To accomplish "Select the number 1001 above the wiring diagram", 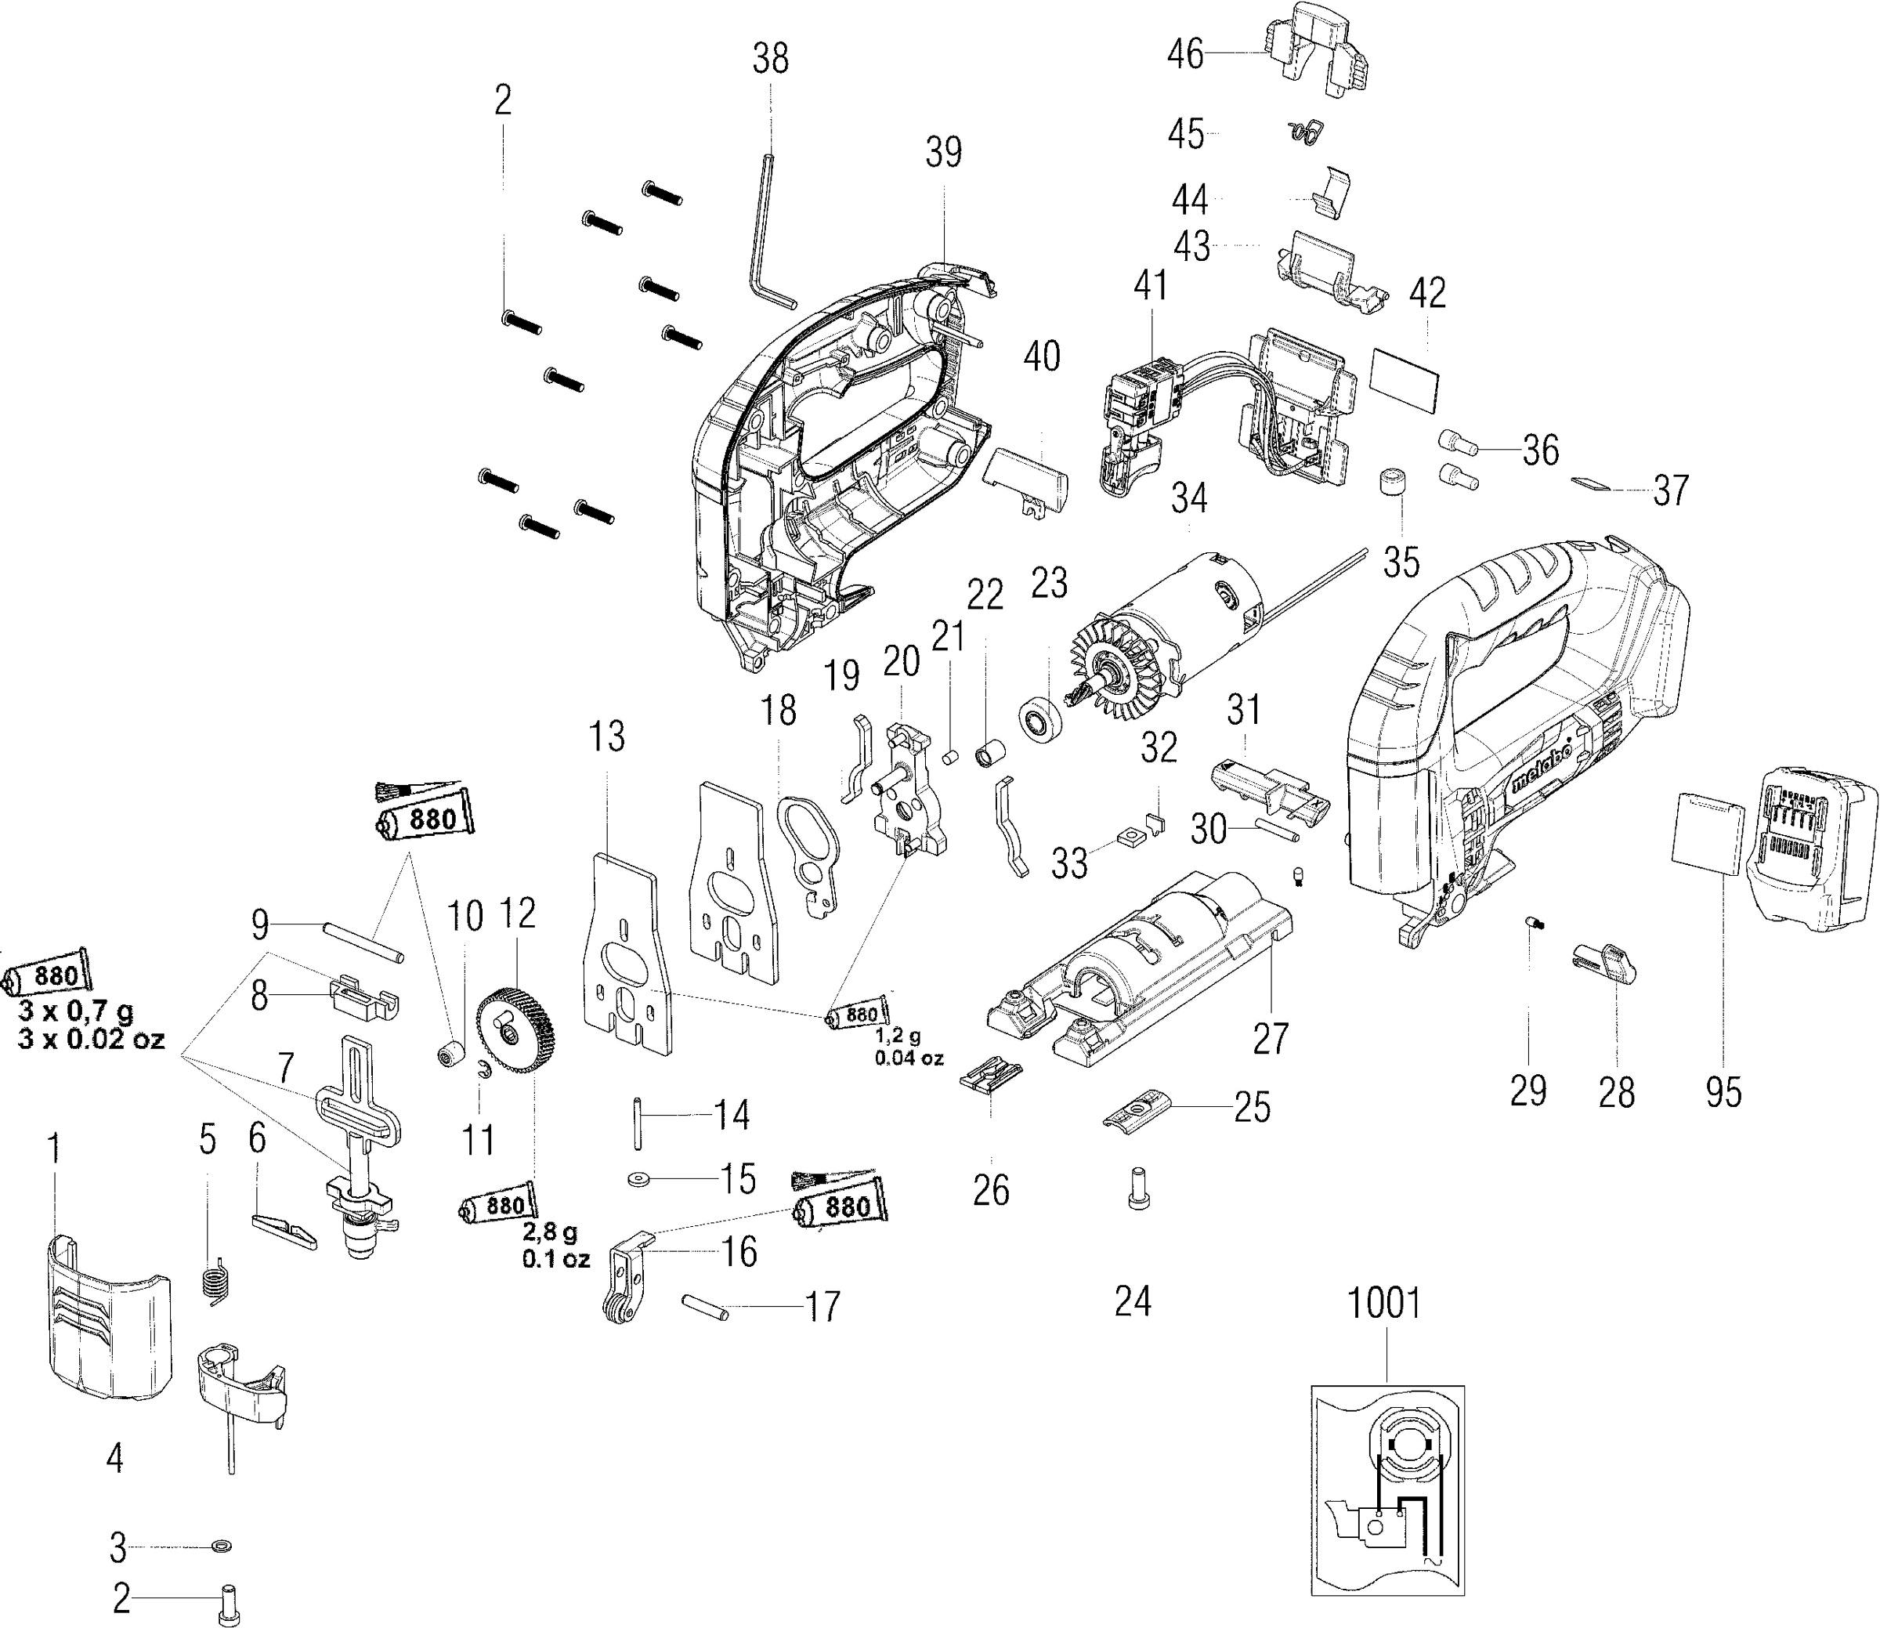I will click(x=1383, y=1303).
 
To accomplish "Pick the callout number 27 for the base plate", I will click(x=1271, y=1038).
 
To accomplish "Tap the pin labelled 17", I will click(x=704, y=1308).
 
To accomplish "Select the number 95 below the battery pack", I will click(x=1723, y=1092).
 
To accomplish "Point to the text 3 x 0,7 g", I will click(x=75, y=1009).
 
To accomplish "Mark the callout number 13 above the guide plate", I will click(x=606, y=738).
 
